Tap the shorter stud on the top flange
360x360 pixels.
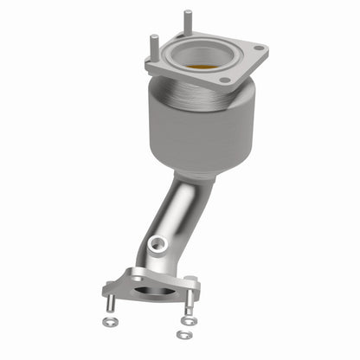click(153, 46)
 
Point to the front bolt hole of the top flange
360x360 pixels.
click(226, 80)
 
